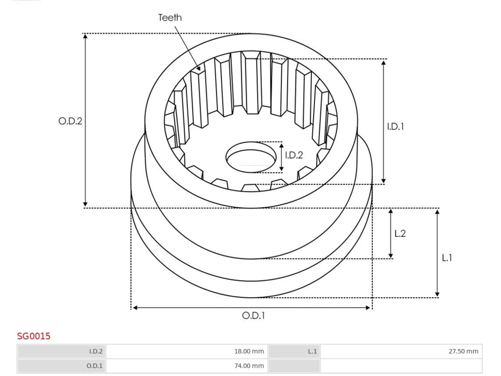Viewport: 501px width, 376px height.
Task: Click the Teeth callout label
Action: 170,18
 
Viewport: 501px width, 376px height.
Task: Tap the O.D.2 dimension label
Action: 70,121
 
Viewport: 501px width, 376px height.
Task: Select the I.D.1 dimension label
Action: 396,127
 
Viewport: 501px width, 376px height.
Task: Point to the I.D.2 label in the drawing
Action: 294,155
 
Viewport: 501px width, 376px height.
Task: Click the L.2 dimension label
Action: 400,233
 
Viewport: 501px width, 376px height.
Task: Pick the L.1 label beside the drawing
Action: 447,258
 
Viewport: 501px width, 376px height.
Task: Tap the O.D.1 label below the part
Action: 253,316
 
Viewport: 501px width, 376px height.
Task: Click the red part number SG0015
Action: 34,336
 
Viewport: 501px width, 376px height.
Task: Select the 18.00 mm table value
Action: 249,351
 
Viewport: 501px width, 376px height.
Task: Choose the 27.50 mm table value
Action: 463,351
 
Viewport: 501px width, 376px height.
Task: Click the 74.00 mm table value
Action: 249,366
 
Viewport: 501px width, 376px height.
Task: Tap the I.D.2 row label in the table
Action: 96,351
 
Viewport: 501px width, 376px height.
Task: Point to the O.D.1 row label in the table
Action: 94,366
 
